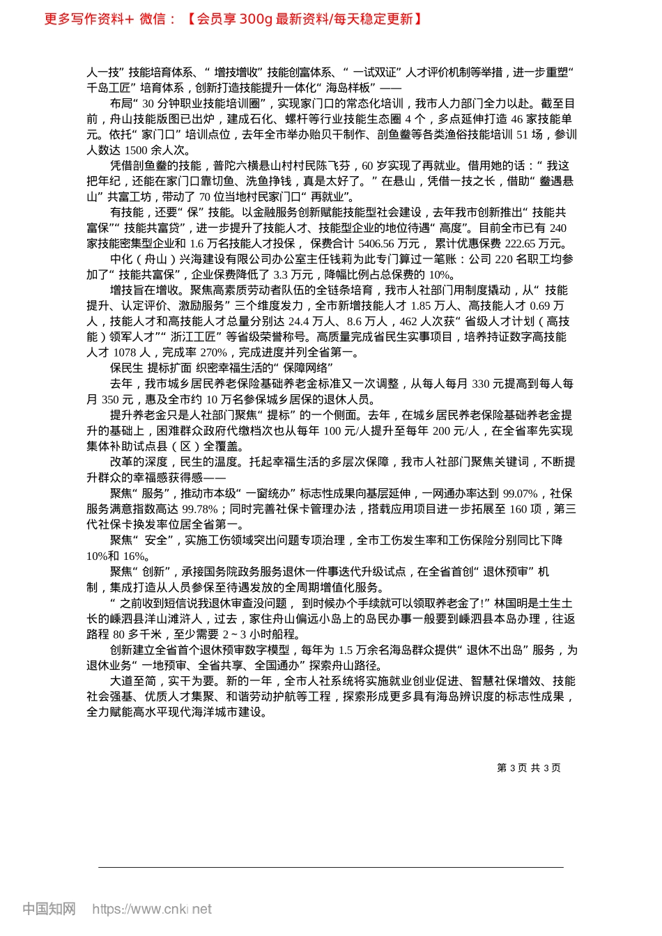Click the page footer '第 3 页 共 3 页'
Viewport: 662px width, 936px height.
tap(528, 767)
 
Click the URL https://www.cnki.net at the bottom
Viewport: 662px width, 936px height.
tap(152, 909)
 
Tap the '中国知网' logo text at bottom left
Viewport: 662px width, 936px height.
tap(49, 909)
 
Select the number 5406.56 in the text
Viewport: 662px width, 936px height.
tap(376, 243)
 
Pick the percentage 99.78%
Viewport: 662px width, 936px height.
tap(199, 509)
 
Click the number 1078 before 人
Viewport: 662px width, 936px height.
tap(124, 352)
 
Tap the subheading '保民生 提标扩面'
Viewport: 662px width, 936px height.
tap(150, 368)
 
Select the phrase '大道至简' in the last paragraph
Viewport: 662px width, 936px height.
tap(133, 681)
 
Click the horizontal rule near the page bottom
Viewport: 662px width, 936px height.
tap(330, 867)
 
